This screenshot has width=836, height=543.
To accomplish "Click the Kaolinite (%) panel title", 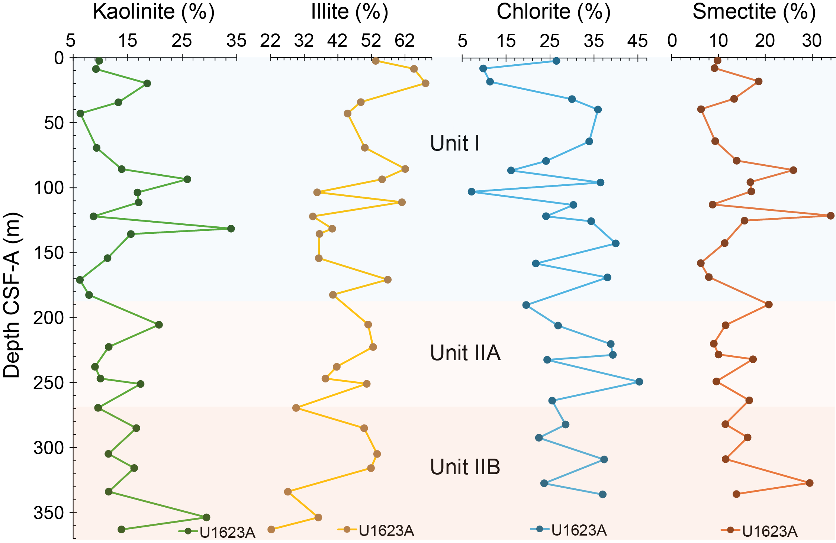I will point(154,12).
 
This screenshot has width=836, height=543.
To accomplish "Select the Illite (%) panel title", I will point(349,12).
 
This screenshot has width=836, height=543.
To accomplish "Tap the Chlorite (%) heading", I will point(553,12).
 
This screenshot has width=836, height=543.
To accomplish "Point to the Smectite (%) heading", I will point(754,12).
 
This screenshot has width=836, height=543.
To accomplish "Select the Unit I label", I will point(454,143).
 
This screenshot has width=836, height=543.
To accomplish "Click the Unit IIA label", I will point(465,353).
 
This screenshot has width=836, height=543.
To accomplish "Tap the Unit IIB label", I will point(465,467).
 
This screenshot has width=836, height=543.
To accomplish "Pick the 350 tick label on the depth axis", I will point(49,513).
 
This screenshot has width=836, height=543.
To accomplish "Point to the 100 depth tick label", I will point(49,188).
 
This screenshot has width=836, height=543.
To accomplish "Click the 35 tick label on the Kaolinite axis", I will point(237,40).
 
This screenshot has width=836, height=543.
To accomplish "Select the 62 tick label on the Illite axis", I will point(405,40).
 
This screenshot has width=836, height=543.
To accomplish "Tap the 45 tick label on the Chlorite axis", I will point(638,40).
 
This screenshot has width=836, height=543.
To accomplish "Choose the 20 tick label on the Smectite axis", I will point(765,40).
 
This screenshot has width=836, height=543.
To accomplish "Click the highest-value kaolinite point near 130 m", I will point(231,229).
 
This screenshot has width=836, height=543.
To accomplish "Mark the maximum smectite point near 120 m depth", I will point(830,216).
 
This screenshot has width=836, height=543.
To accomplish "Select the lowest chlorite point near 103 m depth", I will point(472,192).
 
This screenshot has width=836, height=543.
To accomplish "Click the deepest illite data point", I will point(271,530).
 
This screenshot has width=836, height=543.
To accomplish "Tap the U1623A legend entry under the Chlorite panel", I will point(569,530).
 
